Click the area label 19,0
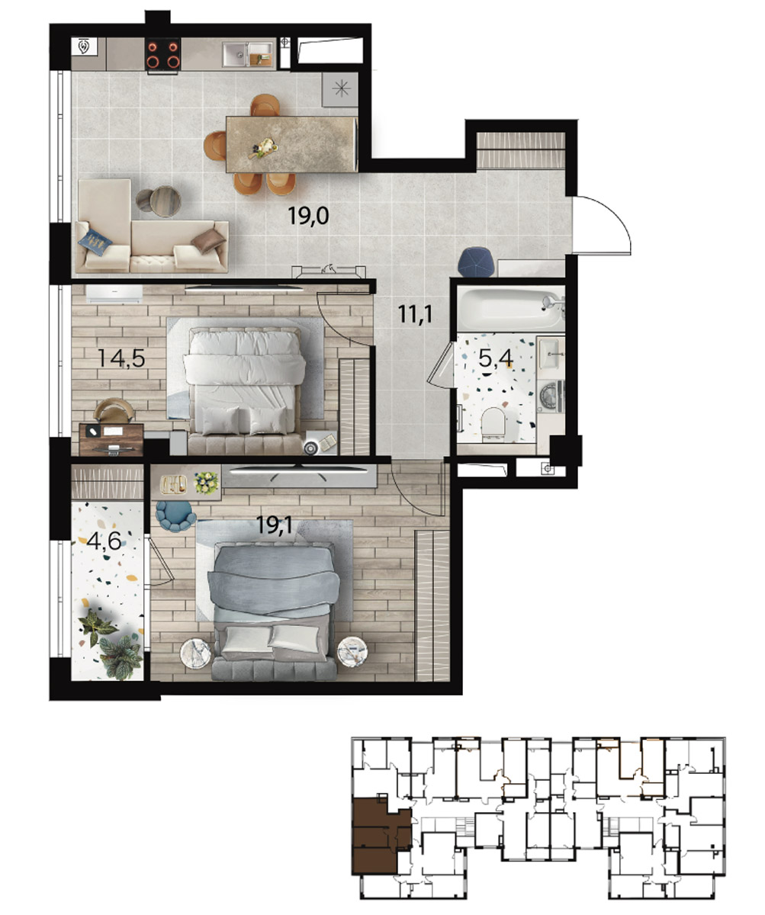[308, 216]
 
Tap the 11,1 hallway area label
[415, 313]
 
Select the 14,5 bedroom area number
[121, 358]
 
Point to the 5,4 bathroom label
[496, 358]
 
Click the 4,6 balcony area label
[104, 541]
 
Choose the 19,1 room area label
[275, 525]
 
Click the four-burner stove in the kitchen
[162, 54]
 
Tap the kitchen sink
[248, 54]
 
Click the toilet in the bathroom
[493, 423]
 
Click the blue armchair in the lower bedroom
[175, 515]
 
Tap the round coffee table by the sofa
[166, 201]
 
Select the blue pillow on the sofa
[95, 242]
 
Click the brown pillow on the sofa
[209, 242]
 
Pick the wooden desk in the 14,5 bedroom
[111, 439]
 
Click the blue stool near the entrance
[476, 262]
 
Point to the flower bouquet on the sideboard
[206, 483]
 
